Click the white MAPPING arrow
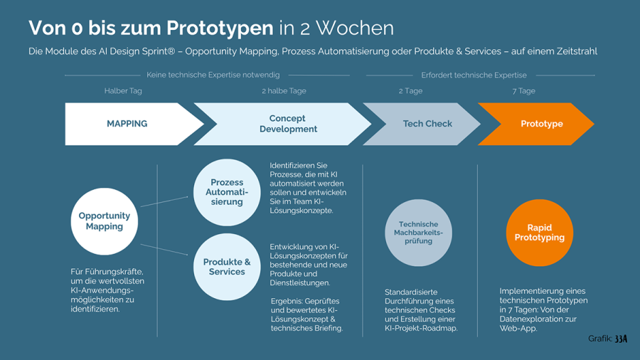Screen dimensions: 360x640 tap(128, 124)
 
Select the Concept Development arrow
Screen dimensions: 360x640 tap(284, 124)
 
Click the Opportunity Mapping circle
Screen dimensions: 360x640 tap(105, 221)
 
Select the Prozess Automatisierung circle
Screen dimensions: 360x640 tap(227, 192)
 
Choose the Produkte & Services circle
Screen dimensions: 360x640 tap(227, 267)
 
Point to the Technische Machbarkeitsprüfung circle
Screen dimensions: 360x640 tap(418, 233)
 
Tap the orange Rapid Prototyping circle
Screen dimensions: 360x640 tap(540, 233)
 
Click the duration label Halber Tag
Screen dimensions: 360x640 tap(123, 91)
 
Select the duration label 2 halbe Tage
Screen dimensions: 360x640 tap(284, 91)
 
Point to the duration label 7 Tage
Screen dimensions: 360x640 tap(524, 91)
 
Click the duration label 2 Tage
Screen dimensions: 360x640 tap(410, 91)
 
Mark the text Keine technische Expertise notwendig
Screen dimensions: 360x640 tap(213, 75)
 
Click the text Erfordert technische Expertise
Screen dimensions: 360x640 tap(474, 75)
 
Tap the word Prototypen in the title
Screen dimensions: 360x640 tap(220, 28)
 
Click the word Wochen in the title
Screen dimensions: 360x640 tap(355, 28)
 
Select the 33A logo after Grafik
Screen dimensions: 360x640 tap(621, 339)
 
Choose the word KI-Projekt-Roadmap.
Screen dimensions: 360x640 tap(421, 329)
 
